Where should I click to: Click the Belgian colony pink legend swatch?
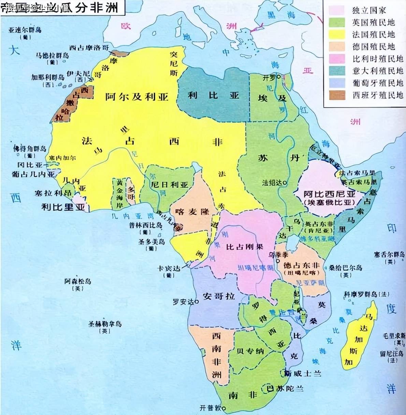(x=336, y=59)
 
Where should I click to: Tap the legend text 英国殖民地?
(x=373, y=23)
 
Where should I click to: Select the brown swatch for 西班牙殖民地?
(x=336, y=95)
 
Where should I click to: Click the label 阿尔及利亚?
(x=136, y=97)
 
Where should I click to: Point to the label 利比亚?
(x=213, y=95)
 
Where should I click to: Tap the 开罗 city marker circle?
(x=279, y=77)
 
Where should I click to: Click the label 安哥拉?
(x=219, y=296)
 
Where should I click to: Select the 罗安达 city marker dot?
(x=197, y=302)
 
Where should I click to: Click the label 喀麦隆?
(x=192, y=212)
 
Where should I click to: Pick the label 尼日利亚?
(x=170, y=185)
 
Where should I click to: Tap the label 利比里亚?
(x=63, y=207)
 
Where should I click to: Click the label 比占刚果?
(x=245, y=246)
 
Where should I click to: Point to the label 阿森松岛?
(x=78, y=281)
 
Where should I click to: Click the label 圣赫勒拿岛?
(x=105, y=324)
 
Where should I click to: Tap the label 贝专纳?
(x=250, y=351)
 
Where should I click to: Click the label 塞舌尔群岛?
(x=389, y=255)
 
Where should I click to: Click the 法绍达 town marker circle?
(x=285, y=183)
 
